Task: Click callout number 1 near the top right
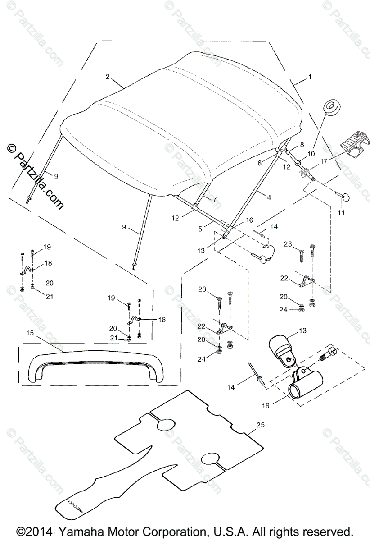point(309,77)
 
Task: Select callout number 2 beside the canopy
point(108,77)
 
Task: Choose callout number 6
point(260,163)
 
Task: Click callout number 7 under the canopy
point(214,198)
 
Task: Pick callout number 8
point(302,145)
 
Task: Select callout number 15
point(30,333)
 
